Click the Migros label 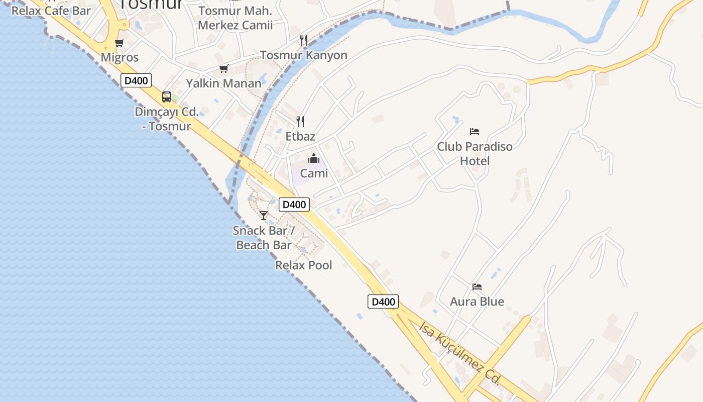coord(120,57)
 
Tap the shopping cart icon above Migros coord(119,43)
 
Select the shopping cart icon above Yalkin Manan coord(223,69)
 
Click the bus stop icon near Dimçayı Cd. coord(167,97)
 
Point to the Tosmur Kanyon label coord(303,55)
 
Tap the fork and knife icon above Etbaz coord(300,121)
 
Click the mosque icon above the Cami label coord(314,159)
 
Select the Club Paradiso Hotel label coord(475,154)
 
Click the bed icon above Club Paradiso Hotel coord(475,132)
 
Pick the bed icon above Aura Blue coord(477,287)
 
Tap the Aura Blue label coord(477,301)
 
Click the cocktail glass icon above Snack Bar coord(264,216)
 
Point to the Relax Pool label coord(303,265)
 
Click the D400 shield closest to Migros coord(136,80)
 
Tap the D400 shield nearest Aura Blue coord(383,301)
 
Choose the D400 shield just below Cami coord(294,205)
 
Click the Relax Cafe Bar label coord(51,11)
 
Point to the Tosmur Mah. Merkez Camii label coord(235,18)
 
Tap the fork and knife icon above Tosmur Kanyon coord(303,40)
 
